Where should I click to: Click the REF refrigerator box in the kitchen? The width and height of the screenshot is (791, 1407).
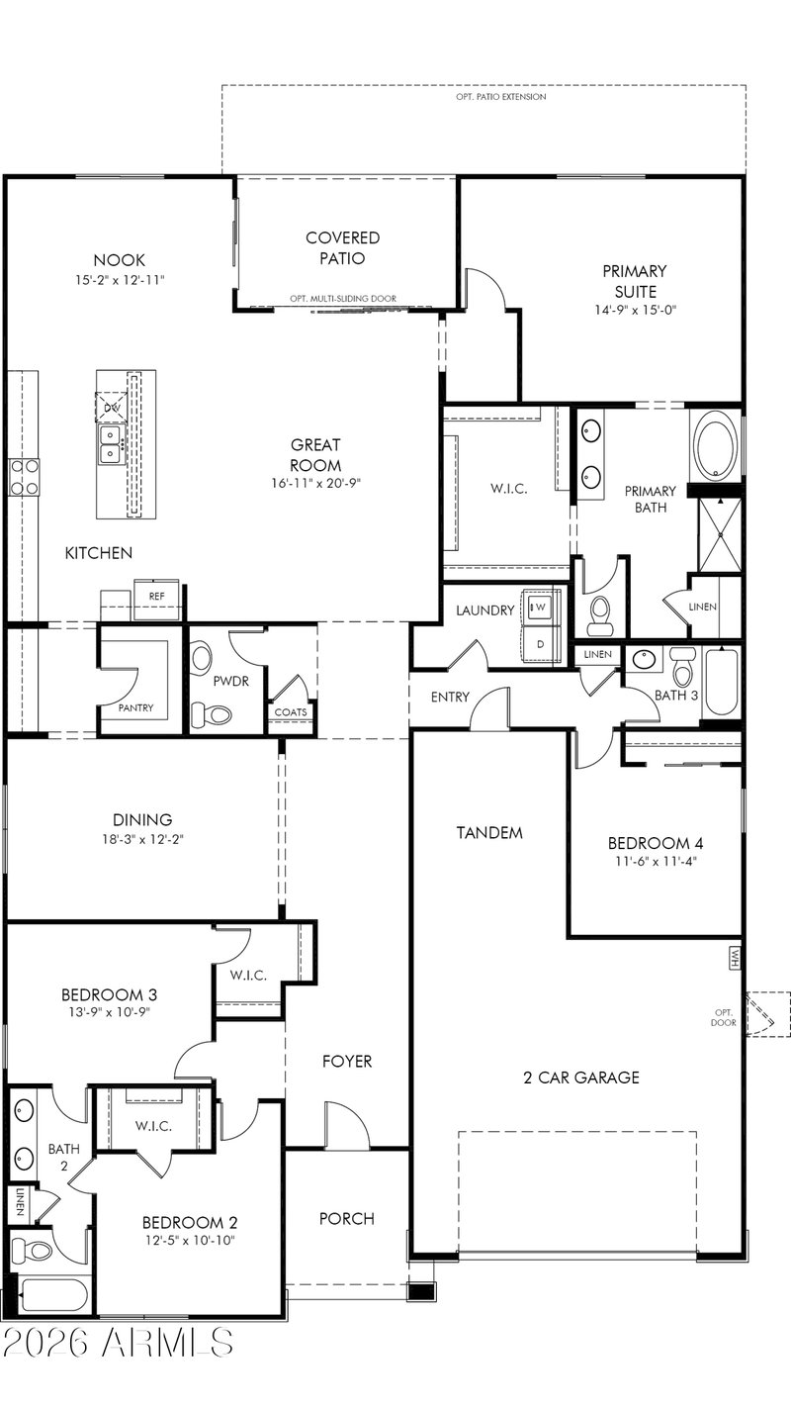point(156,600)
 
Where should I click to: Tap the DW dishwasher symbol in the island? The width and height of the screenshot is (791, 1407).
point(111,407)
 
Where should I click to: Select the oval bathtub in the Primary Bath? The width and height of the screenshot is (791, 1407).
point(716,446)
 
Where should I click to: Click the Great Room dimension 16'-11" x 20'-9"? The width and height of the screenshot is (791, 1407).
point(315,483)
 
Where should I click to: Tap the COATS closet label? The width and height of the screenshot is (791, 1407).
point(291,712)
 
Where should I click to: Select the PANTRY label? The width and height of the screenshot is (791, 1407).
point(136,707)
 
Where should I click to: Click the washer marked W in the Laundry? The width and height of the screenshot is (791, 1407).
point(540,607)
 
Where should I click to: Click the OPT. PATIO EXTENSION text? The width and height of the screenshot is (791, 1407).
point(501,97)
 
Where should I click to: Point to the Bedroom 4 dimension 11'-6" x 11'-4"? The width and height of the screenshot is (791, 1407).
point(656,862)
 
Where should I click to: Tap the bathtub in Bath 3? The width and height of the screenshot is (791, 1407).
point(723,683)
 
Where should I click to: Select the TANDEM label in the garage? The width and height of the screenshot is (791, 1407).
point(489,833)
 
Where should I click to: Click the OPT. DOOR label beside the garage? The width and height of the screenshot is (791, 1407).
point(724,1017)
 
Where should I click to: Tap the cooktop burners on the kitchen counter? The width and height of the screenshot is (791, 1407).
point(23,477)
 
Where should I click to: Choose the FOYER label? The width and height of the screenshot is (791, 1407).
point(347,1062)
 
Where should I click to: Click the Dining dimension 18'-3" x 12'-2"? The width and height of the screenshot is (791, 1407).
point(142,839)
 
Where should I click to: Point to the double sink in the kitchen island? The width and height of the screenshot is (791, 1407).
point(111,444)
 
